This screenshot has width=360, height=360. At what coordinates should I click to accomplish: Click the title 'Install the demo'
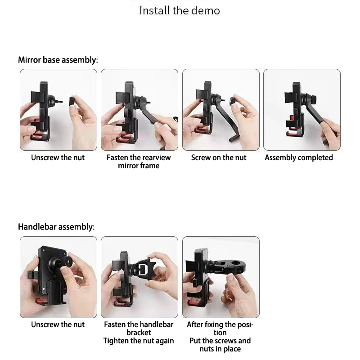[x=180, y=11]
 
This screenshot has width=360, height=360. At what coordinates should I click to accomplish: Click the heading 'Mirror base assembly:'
[x=58, y=60]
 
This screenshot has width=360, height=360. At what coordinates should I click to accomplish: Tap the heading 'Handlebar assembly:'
[x=56, y=227]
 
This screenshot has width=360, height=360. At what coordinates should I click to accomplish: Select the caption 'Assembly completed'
[x=299, y=158]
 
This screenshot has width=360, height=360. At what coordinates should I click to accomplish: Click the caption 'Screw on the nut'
[x=219, y=158]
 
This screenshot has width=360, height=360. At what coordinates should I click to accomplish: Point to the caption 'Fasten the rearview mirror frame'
[x=139, y=162]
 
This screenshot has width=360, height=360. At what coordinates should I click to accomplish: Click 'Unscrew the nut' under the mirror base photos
[x=58, y=158]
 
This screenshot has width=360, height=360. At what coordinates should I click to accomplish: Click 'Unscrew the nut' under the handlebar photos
[x=58, y=324]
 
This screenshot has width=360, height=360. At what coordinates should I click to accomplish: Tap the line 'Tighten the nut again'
[x=139, y=341]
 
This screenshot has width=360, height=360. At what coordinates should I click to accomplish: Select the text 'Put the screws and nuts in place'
[x=220, y=345]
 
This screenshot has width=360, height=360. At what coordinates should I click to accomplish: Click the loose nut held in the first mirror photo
[x=72, y=101]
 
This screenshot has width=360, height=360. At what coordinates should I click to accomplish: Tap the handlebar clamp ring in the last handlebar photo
[x=237, y=265]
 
